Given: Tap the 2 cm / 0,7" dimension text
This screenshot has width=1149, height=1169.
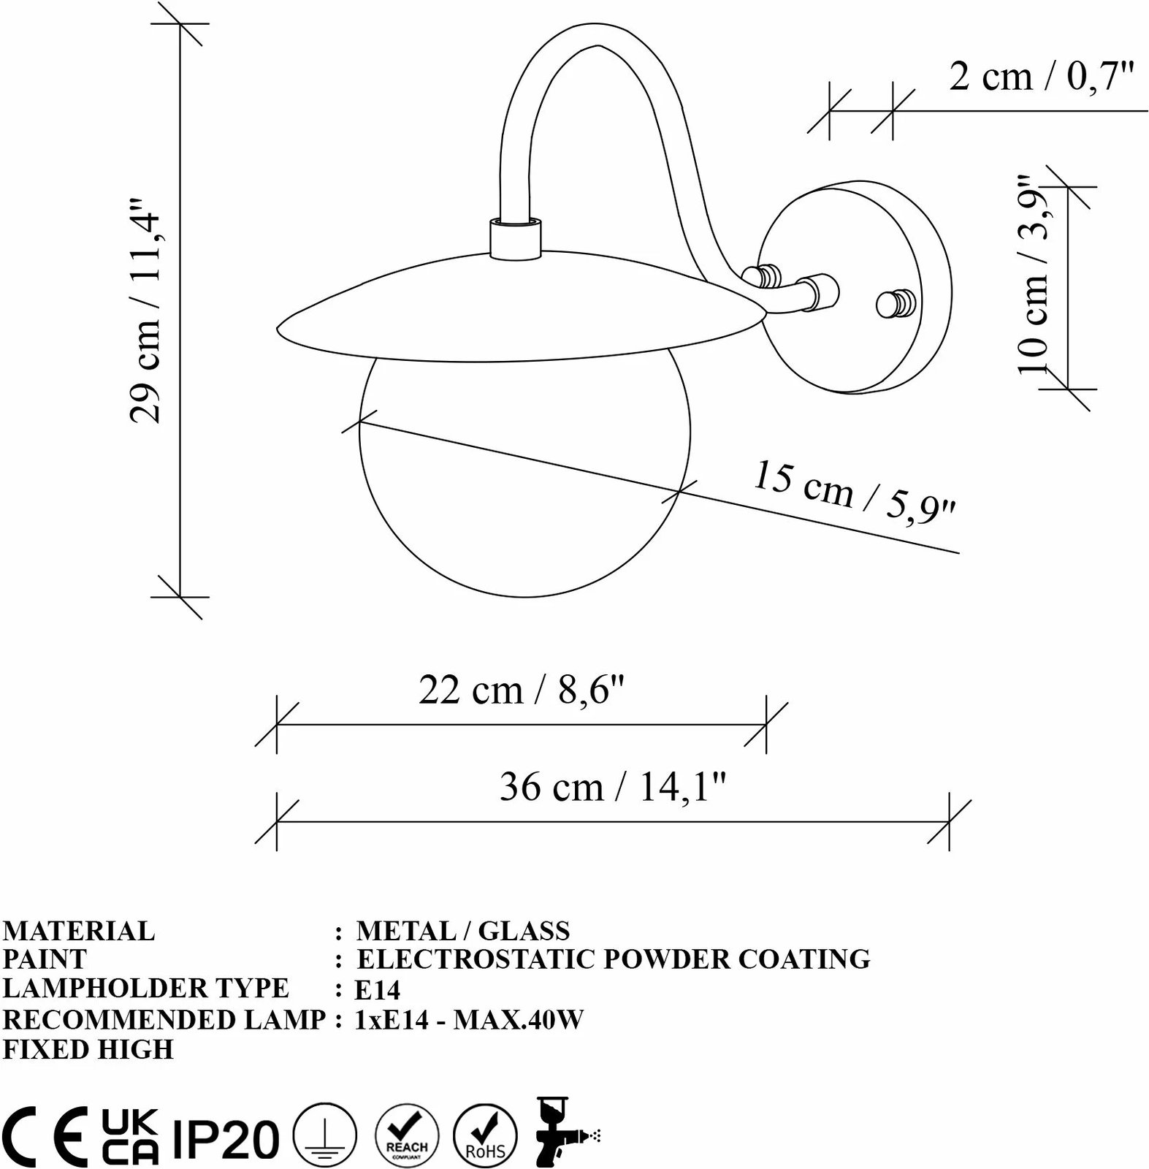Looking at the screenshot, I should (1041, 76).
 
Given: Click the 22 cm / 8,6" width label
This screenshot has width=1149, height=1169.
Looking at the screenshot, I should (522, 690).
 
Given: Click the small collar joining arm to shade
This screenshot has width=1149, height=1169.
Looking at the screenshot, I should (515, 238).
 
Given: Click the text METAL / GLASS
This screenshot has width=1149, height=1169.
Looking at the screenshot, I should (462, 931).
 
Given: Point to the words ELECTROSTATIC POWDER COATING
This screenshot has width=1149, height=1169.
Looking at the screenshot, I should (614, 959).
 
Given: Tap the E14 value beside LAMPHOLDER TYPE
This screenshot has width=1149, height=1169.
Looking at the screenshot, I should (377, 990).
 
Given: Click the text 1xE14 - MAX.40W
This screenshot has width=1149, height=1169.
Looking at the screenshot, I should (469, 1019).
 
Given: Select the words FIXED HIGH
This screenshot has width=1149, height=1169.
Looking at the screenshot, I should (88, 1049).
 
